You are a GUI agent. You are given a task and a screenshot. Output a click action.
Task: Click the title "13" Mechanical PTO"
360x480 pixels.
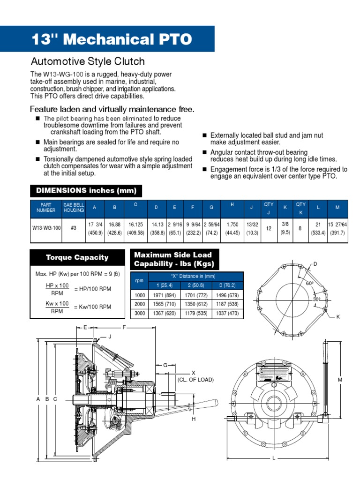click(112, 39)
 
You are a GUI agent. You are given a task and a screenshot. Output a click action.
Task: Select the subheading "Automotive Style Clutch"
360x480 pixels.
click(88, 61)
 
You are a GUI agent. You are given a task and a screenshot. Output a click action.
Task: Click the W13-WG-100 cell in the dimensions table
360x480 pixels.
click(46, 227)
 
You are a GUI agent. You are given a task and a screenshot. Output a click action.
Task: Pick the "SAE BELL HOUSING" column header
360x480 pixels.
click(74, 207)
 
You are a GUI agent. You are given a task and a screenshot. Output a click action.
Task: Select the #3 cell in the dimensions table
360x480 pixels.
click(74, 227)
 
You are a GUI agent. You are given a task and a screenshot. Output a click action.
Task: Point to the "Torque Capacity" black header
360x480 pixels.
click(77, 257)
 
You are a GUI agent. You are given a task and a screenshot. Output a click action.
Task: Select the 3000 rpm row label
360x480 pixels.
click(139, 313)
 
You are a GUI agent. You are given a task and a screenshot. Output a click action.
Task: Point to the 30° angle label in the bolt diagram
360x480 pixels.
click(317, 299)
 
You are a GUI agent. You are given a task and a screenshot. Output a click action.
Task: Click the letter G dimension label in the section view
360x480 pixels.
click(165, 365)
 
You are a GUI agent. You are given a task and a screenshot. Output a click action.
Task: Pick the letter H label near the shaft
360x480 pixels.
click(193, 419)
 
